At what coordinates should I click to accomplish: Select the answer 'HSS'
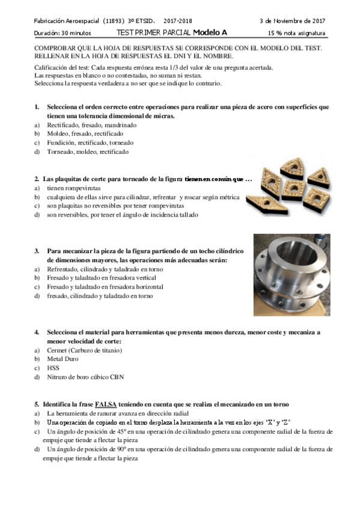tap(53, 368)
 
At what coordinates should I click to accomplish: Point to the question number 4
tap(37, 332)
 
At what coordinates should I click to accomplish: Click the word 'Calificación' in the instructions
tap(50, 67)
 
